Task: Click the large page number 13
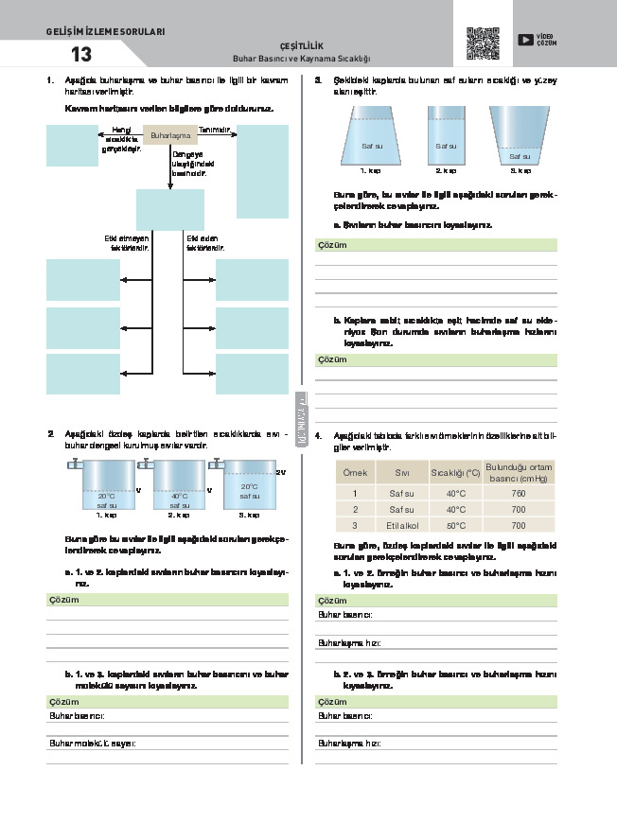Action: [x=81, y=53]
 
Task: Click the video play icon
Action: [x=525, y=40]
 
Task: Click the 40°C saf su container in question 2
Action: [x=179, y=487]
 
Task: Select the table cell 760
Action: [x=518, y=493]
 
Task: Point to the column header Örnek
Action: [x=355, y=471]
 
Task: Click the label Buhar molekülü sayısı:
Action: [x=93, y=743]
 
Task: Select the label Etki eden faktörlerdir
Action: [x=205, y=242]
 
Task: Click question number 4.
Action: [x=319, y=436]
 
